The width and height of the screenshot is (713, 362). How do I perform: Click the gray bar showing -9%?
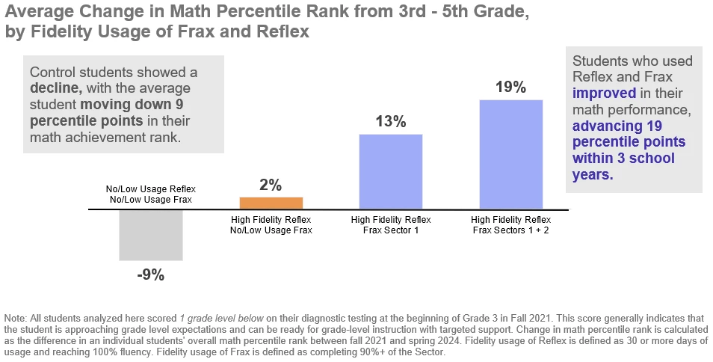(150, 235)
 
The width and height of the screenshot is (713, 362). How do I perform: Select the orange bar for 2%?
(271, 203)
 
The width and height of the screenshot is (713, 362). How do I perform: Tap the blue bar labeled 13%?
(391, 171)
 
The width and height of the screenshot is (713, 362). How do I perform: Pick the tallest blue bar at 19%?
(510, 154)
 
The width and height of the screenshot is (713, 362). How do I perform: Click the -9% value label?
(150, 274)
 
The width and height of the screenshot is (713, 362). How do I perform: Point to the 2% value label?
(271, 185)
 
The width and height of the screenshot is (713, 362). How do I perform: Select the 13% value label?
(391, 122)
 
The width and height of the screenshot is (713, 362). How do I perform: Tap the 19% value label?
(510, 87)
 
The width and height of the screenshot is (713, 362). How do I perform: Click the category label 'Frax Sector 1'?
(391, 230)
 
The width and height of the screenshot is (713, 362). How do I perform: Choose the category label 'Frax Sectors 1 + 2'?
(511, 230)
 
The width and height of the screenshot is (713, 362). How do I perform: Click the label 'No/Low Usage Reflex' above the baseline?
(150, 189)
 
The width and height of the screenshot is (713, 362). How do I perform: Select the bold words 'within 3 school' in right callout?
(623, 159)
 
